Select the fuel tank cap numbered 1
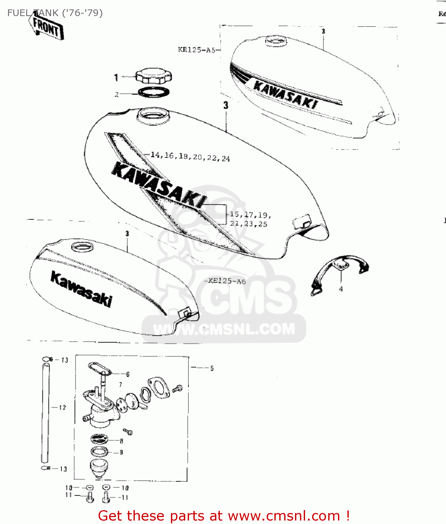click(x=153, y=76)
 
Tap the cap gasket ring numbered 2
click(x=154, y=93)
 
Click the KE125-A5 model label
click(x=196, y=50)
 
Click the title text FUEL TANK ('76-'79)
click(x=55, y=13)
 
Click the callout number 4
click(x=341, y=289)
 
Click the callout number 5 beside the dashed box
click(x=212, y=368)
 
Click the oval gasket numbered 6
click(x=99, y=369)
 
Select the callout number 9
click(x=121, y=452)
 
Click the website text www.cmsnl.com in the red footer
click(x=284, y=516)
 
